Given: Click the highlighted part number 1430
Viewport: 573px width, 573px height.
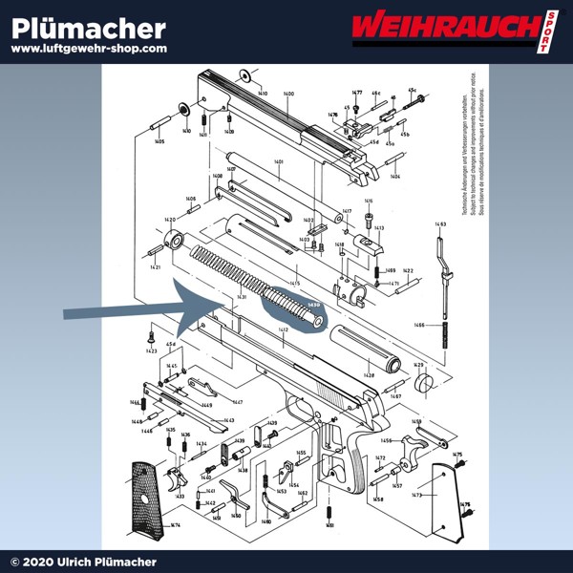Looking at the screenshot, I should (x=312, y=306).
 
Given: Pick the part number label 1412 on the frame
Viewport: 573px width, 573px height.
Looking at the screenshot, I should (x=283, y=329).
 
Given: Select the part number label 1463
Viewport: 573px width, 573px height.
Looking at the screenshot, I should (x=440, y=224).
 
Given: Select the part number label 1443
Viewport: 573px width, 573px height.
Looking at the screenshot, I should (x=228, y=420).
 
